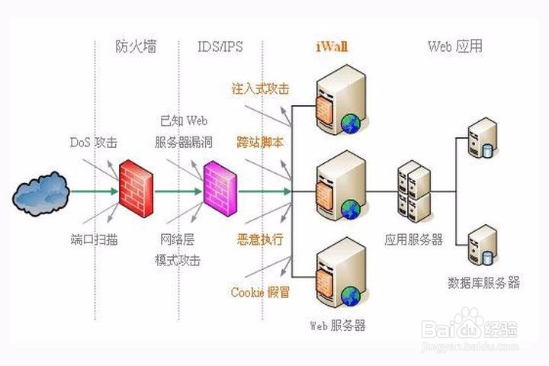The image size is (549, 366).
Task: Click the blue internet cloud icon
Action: point(41,193)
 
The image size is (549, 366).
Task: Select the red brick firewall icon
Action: point(136,188)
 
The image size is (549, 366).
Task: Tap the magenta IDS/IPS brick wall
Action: point(220,189)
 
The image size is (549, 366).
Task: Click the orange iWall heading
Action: point(332,47)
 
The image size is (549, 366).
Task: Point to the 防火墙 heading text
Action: point(136,47)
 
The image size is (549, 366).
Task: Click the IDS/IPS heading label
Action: point(220,47)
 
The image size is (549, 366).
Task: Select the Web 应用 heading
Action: point(454,47)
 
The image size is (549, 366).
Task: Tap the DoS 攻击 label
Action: point(94,142)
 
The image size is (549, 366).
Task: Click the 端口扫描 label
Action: point(94,239)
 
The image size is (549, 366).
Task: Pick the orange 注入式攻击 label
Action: point(261,88)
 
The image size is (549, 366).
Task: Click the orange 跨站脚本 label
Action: point(260,142)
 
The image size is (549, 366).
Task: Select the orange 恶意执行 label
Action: point(260,239)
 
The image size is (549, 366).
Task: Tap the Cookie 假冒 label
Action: point(260,292)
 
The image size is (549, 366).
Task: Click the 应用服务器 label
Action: point(413,239)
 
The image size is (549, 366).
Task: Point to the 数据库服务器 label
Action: point(483,282)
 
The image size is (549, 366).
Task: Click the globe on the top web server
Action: point(351,124)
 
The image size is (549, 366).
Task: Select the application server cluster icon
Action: point(414,191)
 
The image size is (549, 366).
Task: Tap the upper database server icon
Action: point(483,137)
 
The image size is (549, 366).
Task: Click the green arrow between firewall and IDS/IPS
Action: point(178,191)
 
